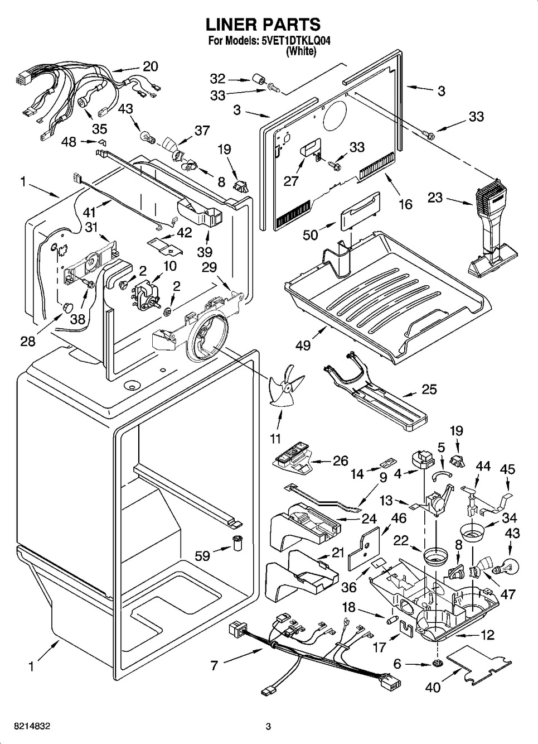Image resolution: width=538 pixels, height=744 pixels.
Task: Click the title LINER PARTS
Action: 263,25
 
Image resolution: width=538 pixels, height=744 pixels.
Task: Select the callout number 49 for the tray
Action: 303,346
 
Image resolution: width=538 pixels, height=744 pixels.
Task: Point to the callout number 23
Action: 437,197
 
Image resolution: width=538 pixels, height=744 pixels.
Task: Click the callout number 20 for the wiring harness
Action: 151,66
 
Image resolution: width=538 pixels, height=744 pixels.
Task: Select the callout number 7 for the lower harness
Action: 214,665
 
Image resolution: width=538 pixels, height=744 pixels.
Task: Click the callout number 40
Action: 433,688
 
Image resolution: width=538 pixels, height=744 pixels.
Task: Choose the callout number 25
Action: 429,390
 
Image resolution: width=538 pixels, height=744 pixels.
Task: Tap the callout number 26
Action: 340,461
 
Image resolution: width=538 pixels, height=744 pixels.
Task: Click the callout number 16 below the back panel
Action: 405,204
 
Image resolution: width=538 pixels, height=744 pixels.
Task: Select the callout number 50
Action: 311,234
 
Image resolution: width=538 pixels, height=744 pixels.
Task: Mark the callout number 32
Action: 217,79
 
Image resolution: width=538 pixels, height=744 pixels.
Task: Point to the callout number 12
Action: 487,635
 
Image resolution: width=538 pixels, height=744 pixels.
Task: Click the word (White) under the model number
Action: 301,51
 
